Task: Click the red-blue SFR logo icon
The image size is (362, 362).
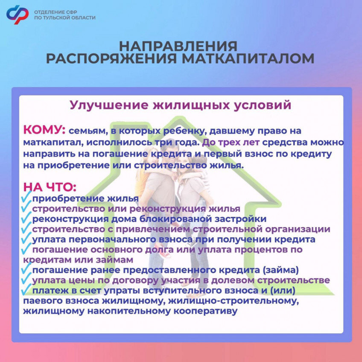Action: coord(17,14)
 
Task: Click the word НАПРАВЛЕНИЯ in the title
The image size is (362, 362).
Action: coord(178,46)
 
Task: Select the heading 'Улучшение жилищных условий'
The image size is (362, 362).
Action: coord(181,105)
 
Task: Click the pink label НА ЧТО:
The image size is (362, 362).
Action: coord(50,187)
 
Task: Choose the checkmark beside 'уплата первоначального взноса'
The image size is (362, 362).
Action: coord(27,239)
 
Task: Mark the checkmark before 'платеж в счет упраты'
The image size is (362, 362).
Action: coord(27,290)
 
